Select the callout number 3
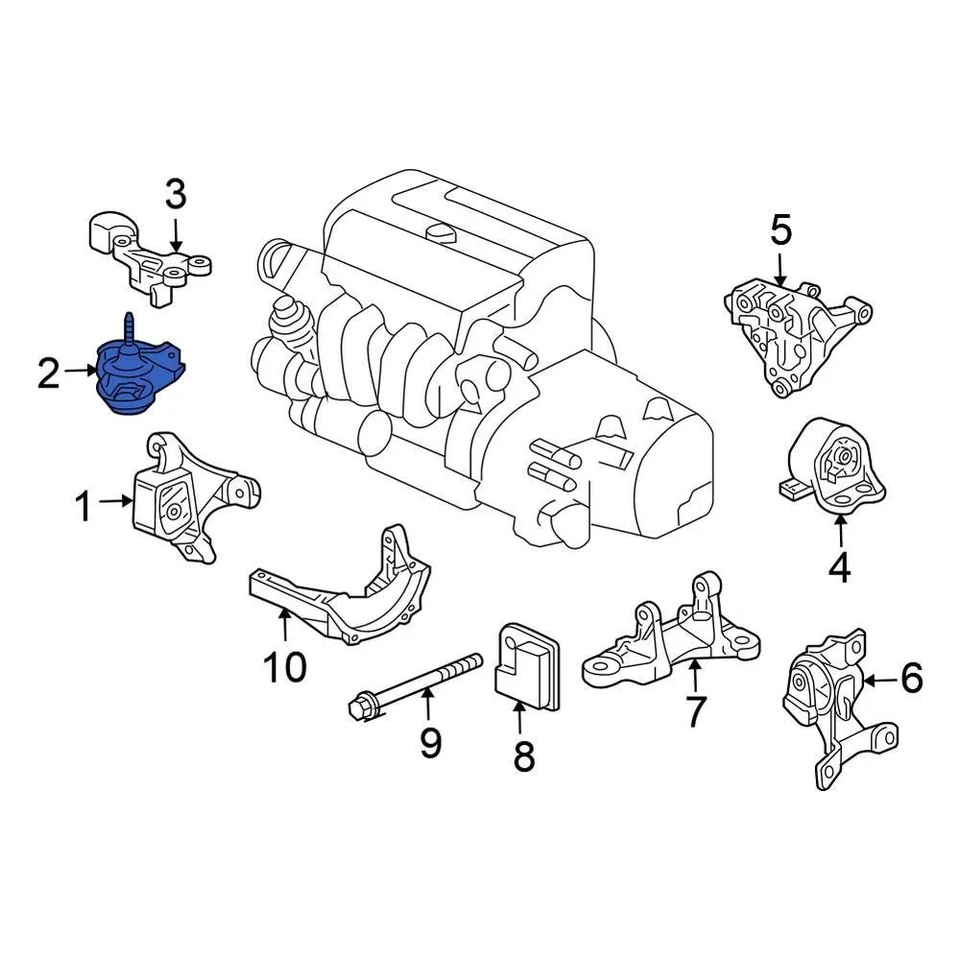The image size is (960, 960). pos(175,194)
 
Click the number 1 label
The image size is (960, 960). pos(84,507)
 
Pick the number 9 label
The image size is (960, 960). pos(430,743)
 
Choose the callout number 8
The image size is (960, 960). pos(524,756)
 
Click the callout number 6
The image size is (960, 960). pos(911,679)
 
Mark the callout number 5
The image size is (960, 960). pos(780,230)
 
